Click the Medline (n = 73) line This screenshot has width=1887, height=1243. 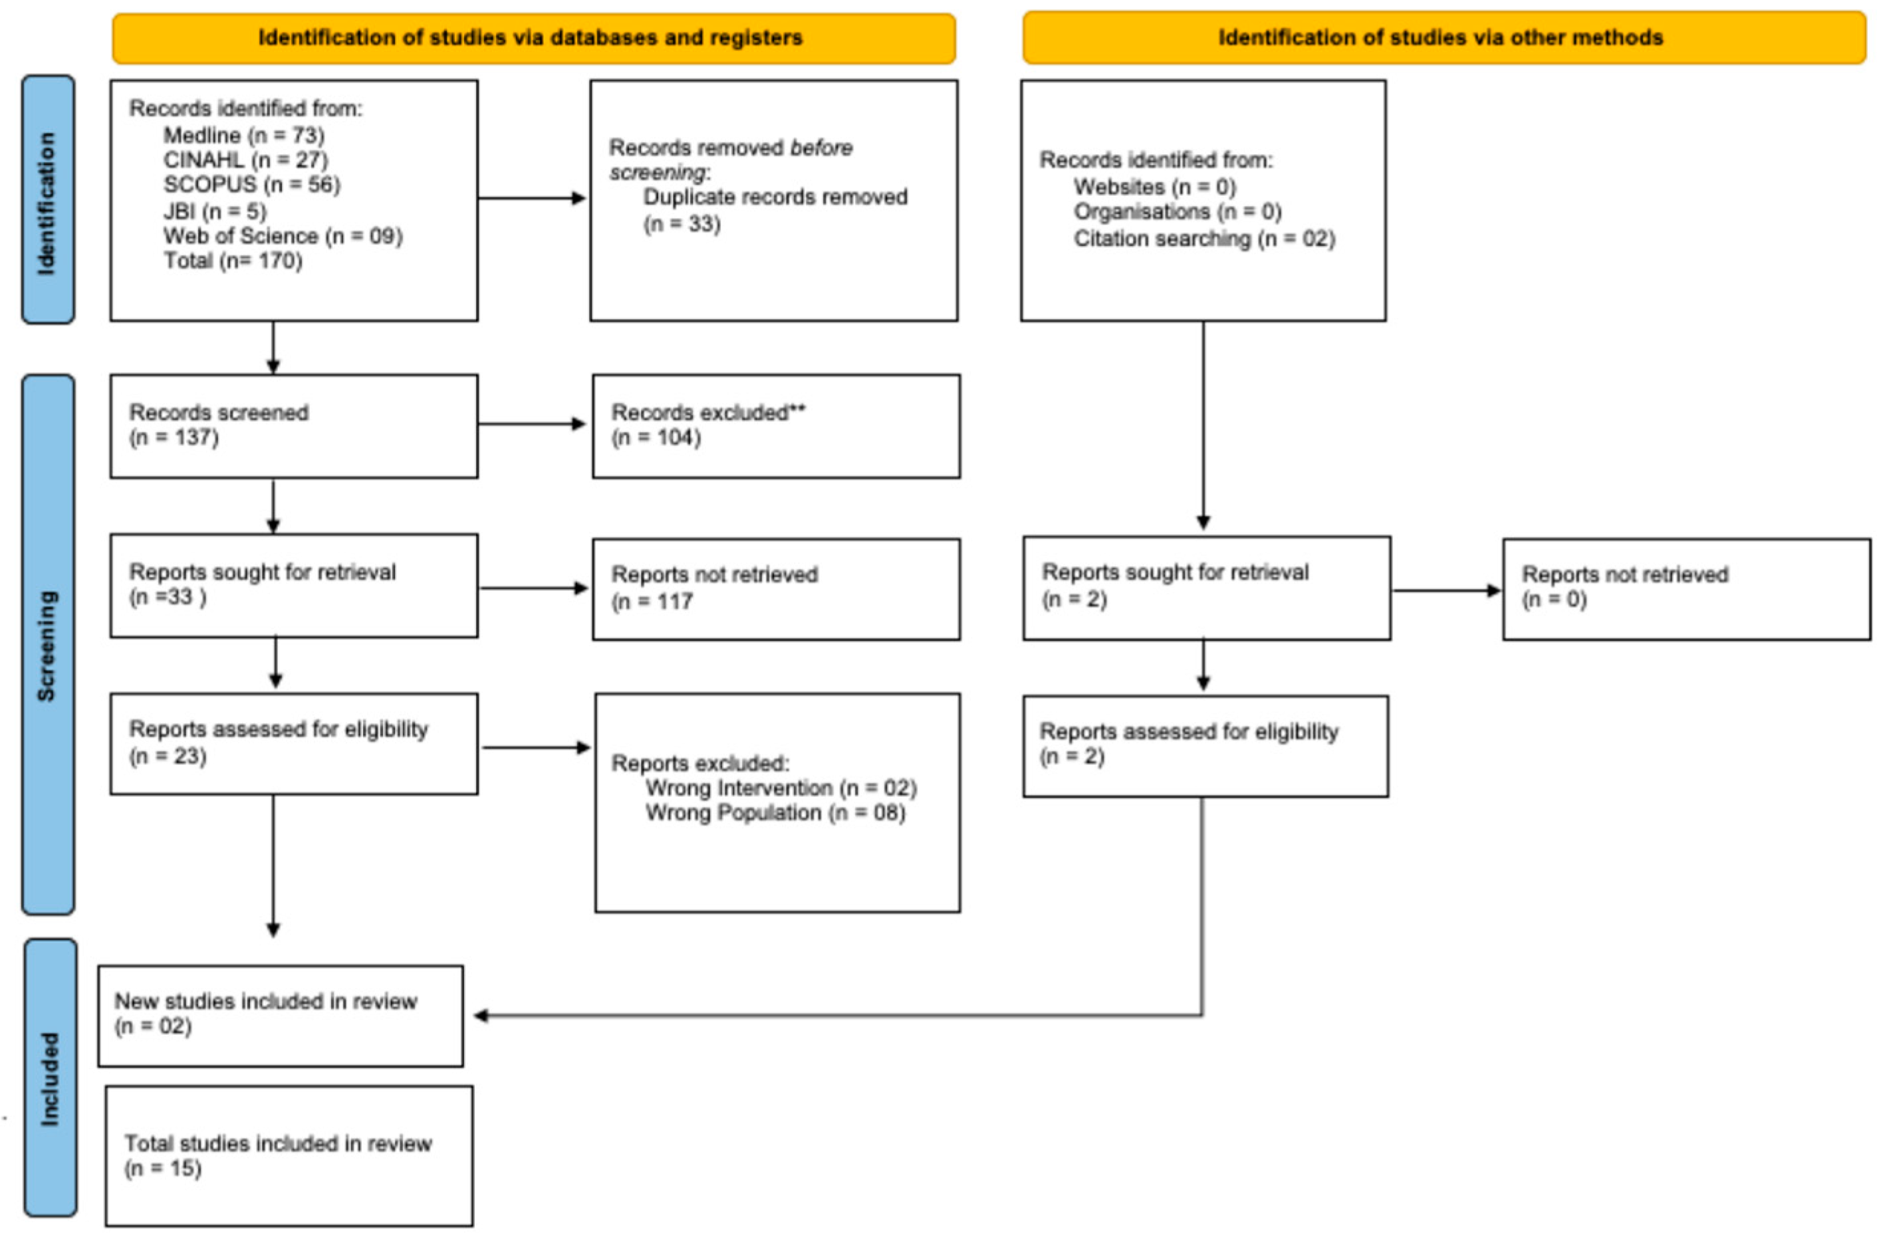point(243,135)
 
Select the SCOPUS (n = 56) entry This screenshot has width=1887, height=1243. point(251,185)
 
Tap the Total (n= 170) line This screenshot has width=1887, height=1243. point(232,261)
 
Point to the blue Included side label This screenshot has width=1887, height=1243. point(50,1078)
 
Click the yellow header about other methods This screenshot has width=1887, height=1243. point(1443,37)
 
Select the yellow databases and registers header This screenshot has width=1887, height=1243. point(533,37)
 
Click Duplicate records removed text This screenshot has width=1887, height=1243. point(775,197)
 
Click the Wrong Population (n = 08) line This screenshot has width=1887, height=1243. point(775,812)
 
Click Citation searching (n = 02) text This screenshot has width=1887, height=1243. point(1203,239)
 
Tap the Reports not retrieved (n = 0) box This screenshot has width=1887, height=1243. point(1686,588)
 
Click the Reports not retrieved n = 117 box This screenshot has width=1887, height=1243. point(775,588)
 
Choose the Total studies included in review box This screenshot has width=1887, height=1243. point(289,1156)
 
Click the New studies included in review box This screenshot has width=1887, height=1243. point(281,1015)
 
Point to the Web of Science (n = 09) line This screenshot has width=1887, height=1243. point(283,236)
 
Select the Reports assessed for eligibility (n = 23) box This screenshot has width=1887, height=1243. point(293,742)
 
